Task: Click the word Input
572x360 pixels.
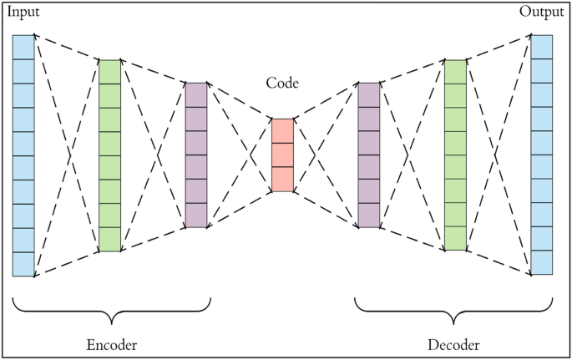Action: [23, 13]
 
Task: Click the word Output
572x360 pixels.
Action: [541, 12]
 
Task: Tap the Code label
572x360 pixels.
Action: [282, 84]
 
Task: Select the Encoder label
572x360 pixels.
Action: [111, 344]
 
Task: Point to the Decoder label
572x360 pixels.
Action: [453, 344]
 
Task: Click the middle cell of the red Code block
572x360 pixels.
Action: [282, 155]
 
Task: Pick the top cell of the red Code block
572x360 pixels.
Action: [282, 131]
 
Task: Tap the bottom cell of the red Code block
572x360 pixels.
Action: [282, 180]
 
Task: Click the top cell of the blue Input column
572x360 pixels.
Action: [23, 47]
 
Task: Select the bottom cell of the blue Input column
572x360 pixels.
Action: [23, 264]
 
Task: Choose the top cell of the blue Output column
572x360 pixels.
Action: [542, 47]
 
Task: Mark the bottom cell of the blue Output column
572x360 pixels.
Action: [542, 263]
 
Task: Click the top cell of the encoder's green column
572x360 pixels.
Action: [109, 72]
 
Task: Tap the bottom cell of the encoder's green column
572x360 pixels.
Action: [109, 240]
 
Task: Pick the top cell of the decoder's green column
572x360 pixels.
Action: [455, 72]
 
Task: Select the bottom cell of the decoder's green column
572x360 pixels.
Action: [455, 239]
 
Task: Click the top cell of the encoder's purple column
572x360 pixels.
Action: [195, 94]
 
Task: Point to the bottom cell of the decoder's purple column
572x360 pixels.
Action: [368, 215]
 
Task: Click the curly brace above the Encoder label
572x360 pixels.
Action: [111, 311]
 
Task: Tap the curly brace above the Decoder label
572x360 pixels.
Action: [453, 311]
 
